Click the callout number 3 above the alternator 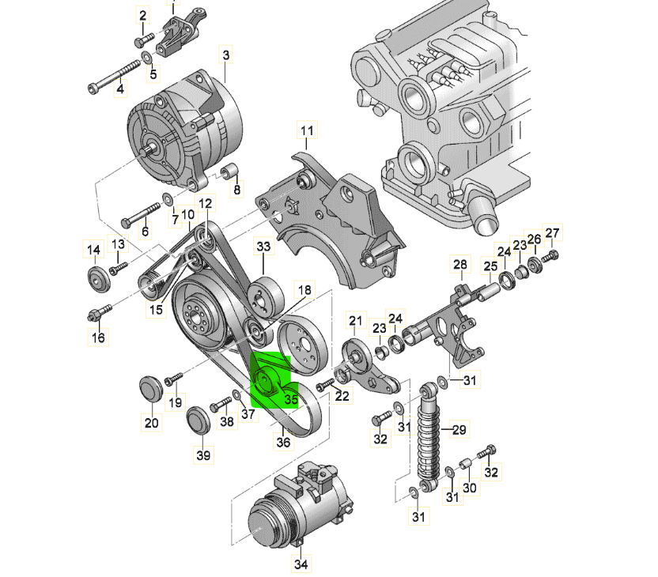point(225,55)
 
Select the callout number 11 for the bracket point(307,130)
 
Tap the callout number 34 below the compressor point(301,564)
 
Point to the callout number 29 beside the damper point(459,429)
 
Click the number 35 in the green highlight point(291,399)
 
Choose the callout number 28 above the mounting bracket point(460,264)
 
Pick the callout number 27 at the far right point(552,232)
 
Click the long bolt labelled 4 point(114,77)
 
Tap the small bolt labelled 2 point(145,40)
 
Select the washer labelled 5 point(147,57)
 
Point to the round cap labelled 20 point(150,389)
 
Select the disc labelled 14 point(99,278)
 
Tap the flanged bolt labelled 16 point(100,313)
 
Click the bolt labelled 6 point(141,214)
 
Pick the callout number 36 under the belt point(283,442)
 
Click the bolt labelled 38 point(221,404)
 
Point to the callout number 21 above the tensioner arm point(355,321)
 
